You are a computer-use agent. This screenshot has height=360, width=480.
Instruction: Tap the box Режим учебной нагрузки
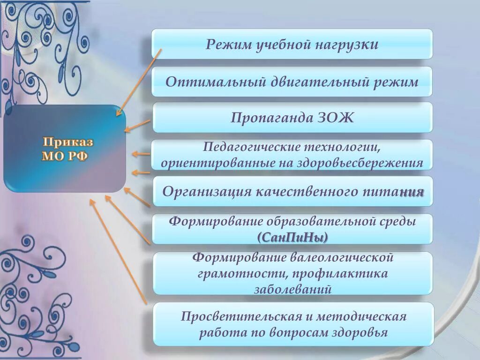(x=292, y=45)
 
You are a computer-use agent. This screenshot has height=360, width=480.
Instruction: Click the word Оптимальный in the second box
(x=215, y=82)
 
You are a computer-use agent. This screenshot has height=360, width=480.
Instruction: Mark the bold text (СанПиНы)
(x=292, y=237)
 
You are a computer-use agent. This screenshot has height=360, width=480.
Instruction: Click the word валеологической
(x=340, y=257)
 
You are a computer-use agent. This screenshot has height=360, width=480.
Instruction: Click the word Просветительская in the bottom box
(x=240, y=316)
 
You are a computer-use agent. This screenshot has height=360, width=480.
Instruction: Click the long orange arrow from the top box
(x=139, y=82)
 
